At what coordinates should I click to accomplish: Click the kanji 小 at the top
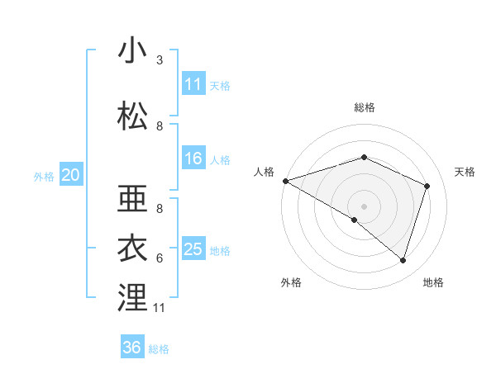point(133,51)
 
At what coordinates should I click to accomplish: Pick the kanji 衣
point(133,248)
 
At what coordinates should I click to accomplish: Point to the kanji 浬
point(133,298)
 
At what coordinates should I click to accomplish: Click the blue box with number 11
point(193,84)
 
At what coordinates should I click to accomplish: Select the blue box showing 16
point(193,159)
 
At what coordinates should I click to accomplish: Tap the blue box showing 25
point(193,249)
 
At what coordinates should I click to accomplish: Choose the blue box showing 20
point(71,175)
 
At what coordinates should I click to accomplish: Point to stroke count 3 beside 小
point(160,60)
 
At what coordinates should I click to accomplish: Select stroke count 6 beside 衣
point(160,258)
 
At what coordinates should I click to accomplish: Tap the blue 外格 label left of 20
point(44,176)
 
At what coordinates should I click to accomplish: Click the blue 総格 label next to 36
point(159,348)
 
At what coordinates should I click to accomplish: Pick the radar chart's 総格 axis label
point(364,107)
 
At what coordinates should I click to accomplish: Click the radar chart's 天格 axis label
point(465,172)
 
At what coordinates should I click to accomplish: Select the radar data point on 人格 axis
point(285,180)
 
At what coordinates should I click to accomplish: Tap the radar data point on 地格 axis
point(403,260)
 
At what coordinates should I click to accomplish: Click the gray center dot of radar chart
point(364,205)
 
